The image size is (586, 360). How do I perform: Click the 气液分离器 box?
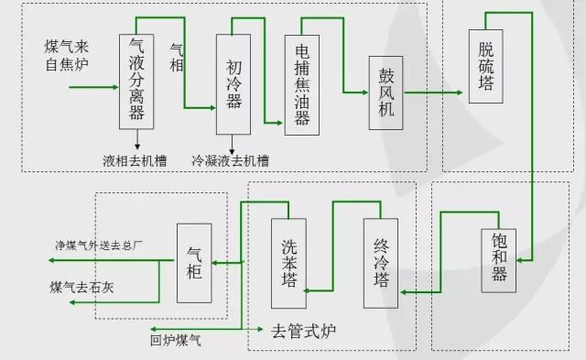pyautogui.click(x=137, y=82)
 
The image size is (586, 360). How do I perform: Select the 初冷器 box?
pyautogui.click(x=233, y=85)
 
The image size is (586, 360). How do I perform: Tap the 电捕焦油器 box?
pyautogui.click(x=303, y=85)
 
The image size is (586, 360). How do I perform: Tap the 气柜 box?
pyautogui.click(x=194, y=264)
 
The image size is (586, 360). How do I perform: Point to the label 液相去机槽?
pyautogui.click(x=136, y=160)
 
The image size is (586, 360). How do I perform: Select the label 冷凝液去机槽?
pyautogui.click(x=231, y=160)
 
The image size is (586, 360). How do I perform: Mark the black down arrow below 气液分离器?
pyautogui.click(x=137, y=142)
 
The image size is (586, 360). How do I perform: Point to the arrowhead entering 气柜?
pyautogui.click(x=216, y=264)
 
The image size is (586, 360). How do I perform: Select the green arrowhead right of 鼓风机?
pyautogui.click(x=455, y=93)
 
